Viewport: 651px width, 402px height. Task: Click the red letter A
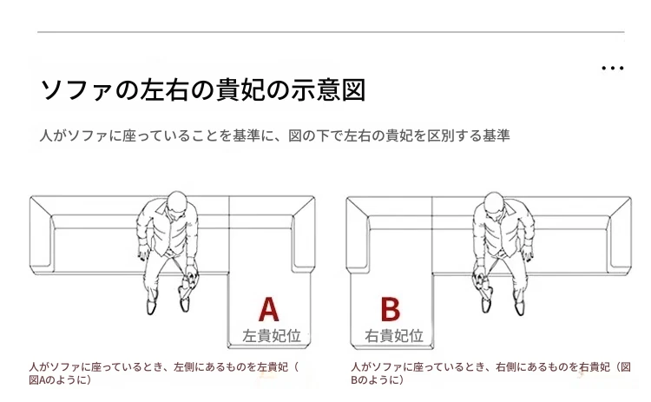(268, 309)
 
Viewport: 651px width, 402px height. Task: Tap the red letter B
(391, 309)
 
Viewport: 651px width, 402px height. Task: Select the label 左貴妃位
(272, 335)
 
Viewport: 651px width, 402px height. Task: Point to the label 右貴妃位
(394, 335)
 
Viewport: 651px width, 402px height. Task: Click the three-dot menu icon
(613, 68)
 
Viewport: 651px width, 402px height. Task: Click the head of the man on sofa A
(176, 202)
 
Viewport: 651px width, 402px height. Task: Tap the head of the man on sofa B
(494, 203)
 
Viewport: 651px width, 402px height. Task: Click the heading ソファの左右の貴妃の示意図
(203, 89)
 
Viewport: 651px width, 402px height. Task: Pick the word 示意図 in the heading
(328, 89)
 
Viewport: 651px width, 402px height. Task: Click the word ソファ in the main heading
(77, 89)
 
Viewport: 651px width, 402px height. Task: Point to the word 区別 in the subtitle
(440, 135)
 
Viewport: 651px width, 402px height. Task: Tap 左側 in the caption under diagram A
(184, 367)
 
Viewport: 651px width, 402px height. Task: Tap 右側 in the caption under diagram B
(506, 367)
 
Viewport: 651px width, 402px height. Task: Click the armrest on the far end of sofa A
(41, 234)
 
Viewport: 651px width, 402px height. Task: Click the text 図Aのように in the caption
(57, 380)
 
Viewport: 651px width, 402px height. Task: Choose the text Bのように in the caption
(374, 380)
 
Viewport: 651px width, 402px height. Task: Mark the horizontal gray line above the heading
(331, 32)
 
